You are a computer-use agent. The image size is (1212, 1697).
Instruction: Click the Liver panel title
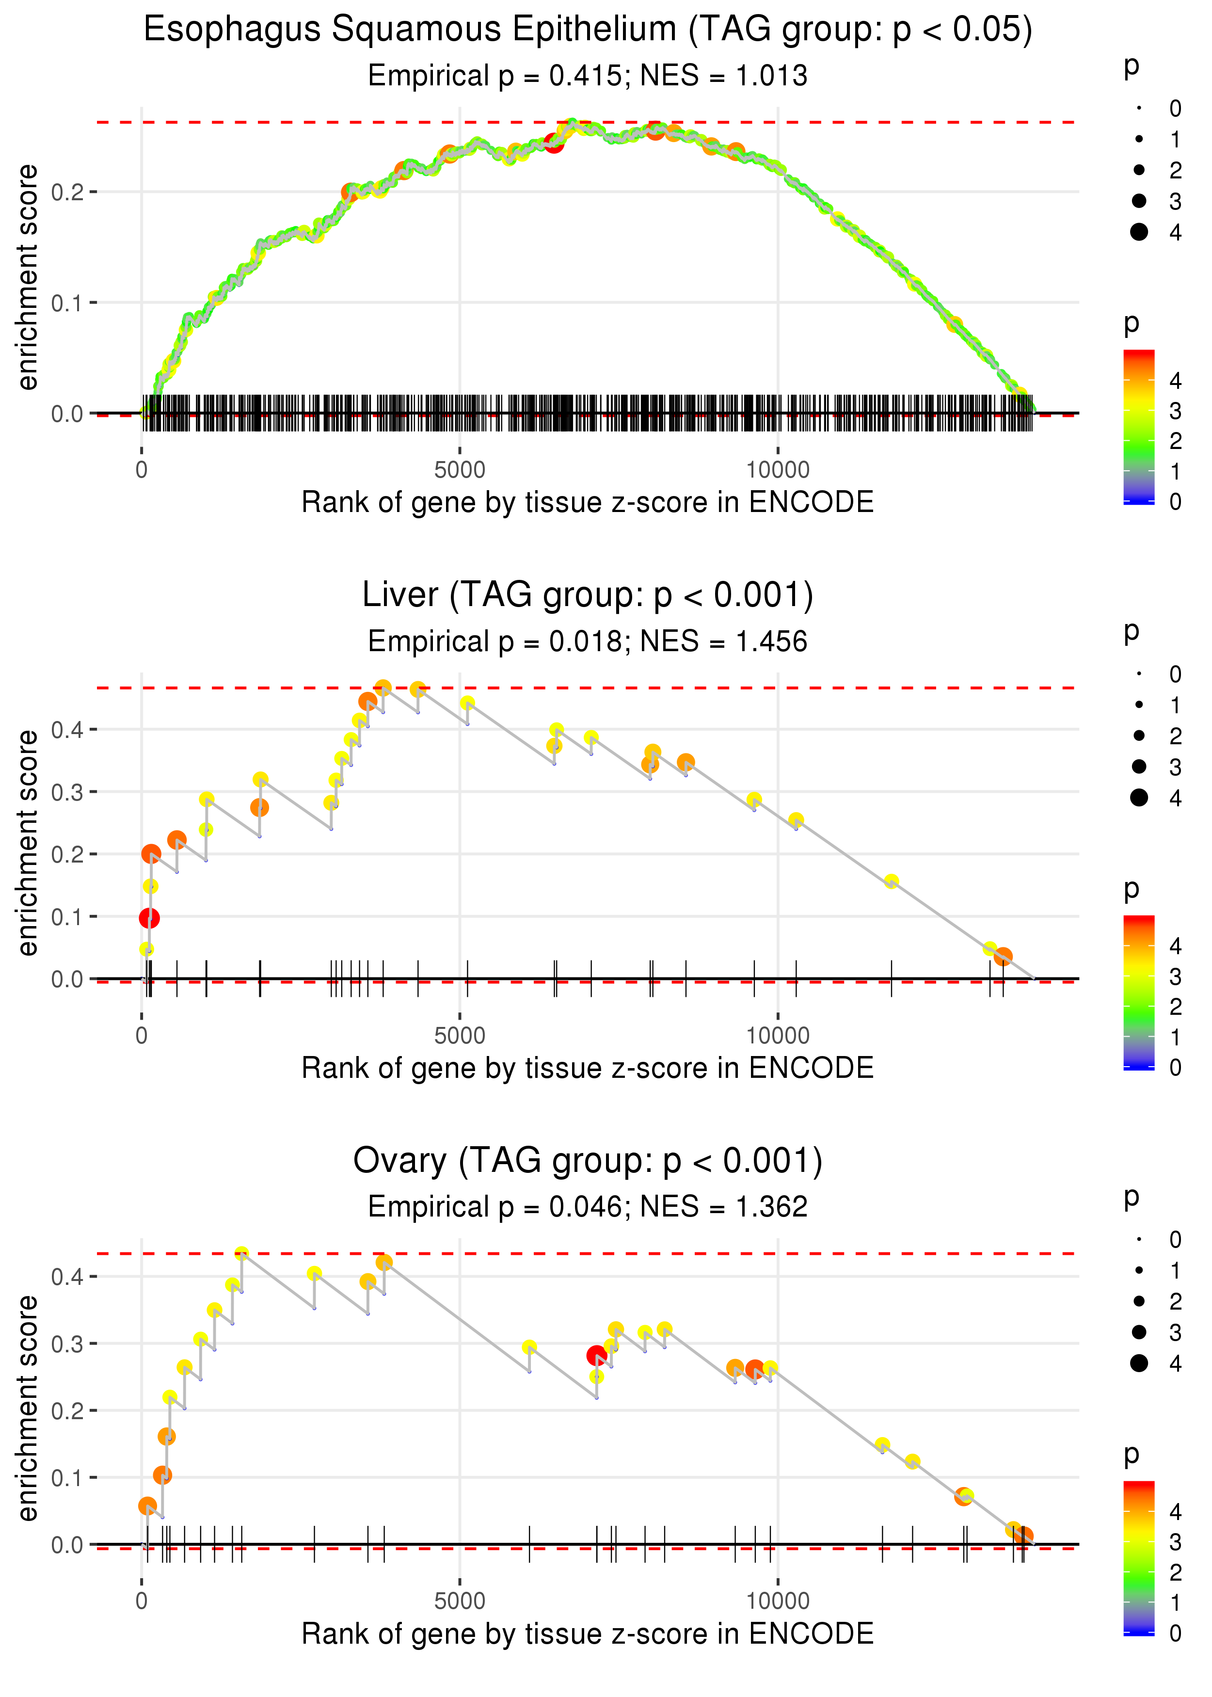point(588,595)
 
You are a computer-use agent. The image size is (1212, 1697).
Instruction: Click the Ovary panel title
point(588,1161)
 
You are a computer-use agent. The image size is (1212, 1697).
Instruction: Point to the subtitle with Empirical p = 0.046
point(588,1207)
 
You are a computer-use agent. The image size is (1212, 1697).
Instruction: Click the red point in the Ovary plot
point(596,1355)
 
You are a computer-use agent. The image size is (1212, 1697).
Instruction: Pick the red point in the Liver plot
point(149,918)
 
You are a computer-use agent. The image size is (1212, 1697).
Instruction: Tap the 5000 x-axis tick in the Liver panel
point(460,1036)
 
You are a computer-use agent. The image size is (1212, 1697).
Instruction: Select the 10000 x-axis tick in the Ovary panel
point(778,1601)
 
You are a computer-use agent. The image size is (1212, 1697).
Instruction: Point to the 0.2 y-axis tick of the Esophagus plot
point(67,192)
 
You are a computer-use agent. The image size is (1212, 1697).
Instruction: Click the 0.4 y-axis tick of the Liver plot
point(67,730)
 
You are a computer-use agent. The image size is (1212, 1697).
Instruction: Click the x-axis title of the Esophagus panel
point(588,503)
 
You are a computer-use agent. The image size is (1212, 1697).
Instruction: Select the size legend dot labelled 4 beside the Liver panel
point(1139,798)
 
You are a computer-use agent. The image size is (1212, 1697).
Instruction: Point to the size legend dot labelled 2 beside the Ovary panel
point(1139,1301)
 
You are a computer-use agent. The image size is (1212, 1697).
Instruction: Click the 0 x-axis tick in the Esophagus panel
point(142,470)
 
